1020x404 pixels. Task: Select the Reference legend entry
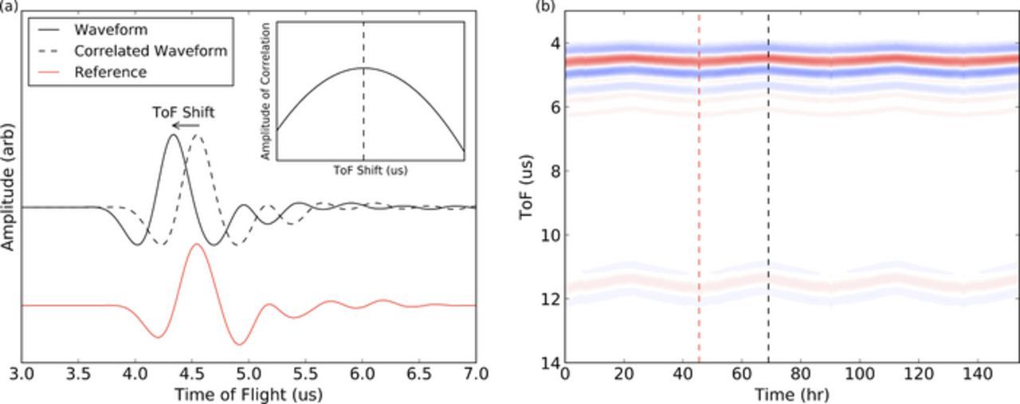click(x=110, y=72)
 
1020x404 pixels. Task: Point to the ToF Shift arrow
click(x=186, y=125)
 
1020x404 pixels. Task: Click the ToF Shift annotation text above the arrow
click(x=183, y=112)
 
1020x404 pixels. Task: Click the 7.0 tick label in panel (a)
click(x=475, y=374)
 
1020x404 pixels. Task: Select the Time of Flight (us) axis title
click(x=249, y=393)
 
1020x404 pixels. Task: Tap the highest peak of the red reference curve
click(x=196, y=245)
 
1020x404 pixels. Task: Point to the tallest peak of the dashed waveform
click(x=198, y=135)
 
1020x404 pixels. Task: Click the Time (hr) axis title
click(x=791, y=393)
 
